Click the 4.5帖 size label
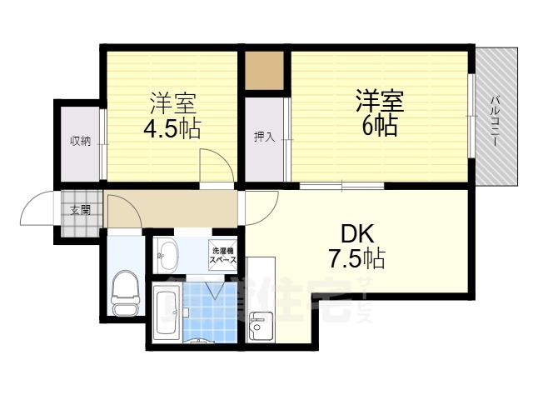coord(171,130)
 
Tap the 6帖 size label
coord(379,126)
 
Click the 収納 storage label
coord(79,141)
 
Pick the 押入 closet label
coord(264,137)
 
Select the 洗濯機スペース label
coord(224,255)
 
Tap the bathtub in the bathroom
coord(167,315)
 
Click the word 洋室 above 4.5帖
coord(171,105)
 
